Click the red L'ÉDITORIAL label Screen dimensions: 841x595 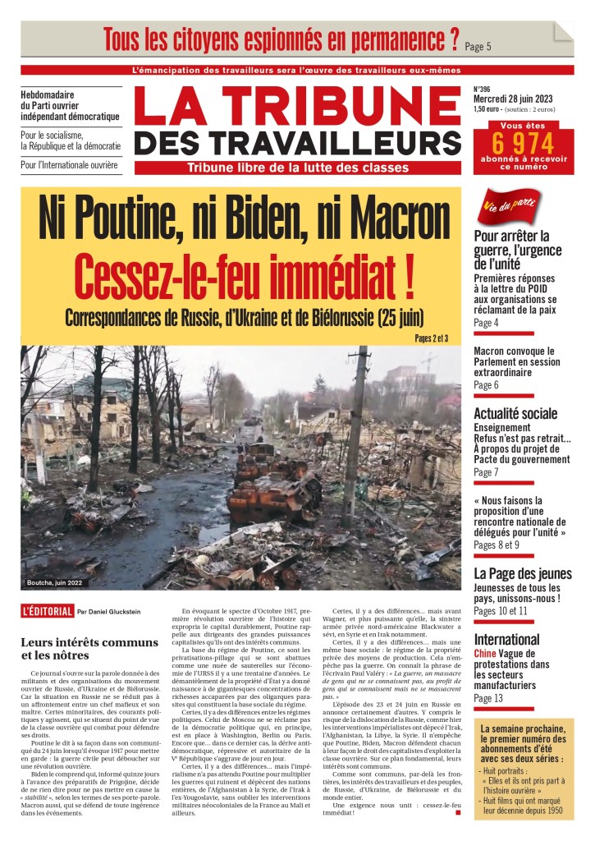point(48,611)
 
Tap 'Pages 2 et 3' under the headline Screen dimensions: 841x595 point(431,338)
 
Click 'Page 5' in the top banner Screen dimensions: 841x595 point(478,46)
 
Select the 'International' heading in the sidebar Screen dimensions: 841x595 point(506,639)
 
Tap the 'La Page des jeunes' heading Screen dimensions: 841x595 point(523,573)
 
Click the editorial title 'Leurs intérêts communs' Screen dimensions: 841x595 point(101,641)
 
